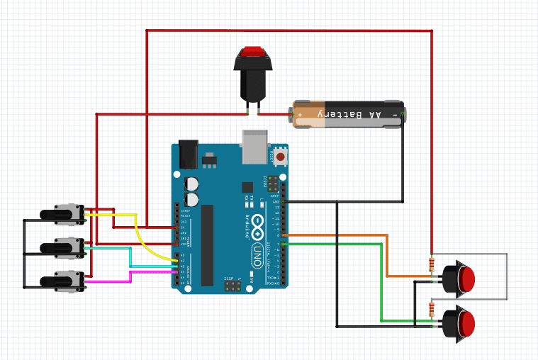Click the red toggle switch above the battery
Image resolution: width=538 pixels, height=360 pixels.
(253, 71)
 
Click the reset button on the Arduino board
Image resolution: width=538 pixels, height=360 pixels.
(281, 156)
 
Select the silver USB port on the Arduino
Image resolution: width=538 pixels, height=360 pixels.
(254, 146)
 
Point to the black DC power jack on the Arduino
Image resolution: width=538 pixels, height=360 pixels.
(188, 154)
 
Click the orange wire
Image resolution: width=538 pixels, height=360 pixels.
(386, 255)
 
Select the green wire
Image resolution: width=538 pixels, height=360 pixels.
(382, 283)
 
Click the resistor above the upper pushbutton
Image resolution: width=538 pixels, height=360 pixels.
(432, 265)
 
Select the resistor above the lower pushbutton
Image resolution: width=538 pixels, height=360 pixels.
(432, 310)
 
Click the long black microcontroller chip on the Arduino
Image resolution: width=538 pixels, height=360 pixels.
(207, 244)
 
